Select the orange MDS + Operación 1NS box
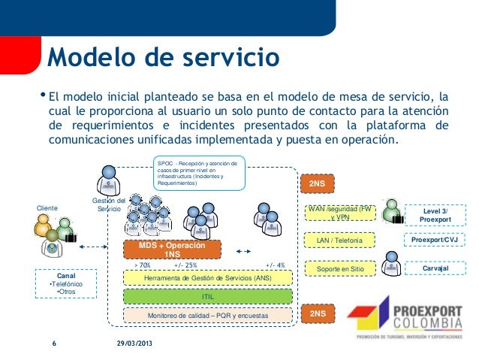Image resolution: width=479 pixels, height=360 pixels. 171,250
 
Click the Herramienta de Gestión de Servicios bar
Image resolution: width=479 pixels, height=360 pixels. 208,278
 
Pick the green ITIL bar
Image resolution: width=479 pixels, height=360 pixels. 208,297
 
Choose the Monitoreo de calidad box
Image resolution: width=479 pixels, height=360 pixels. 208,316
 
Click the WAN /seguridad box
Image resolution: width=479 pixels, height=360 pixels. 340,212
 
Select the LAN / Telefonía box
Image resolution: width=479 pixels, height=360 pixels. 340,241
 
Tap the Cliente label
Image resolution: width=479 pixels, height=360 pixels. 48,208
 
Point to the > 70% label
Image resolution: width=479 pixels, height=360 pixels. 142,265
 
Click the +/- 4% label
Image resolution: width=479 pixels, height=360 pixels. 276,265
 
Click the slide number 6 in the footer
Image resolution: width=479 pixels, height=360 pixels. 54,343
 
